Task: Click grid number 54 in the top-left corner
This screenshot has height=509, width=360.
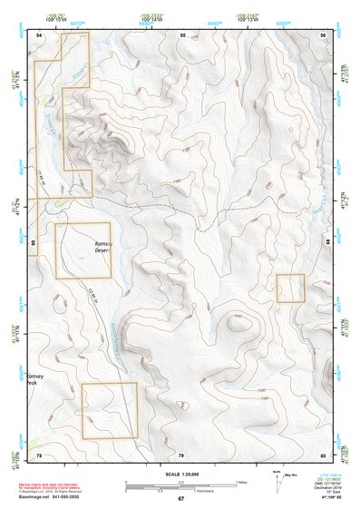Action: click(39, 34)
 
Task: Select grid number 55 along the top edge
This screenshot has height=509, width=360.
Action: click(182, 34)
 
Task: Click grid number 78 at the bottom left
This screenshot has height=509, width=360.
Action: click(39, 454)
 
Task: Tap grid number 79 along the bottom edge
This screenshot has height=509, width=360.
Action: click(180, 454)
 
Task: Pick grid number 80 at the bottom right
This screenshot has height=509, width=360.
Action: click(323, 454)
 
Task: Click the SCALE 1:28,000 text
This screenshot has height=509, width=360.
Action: click(180, 475)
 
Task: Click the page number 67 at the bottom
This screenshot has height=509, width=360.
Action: click(180, 499)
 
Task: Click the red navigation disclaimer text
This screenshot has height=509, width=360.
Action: click(64, 486)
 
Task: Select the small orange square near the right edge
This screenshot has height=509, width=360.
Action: click(290, 288)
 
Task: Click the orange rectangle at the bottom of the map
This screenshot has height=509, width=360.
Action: click(110, 410)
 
